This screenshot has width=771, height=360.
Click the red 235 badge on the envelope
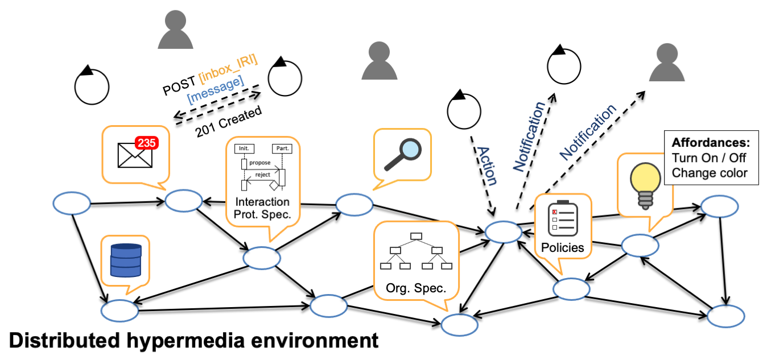(147, 143)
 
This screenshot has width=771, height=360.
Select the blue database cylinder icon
(125, 260)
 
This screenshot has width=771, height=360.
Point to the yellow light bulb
(644, 181)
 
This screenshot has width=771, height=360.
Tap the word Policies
(562, 247)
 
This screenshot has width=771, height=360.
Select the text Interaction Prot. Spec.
(262, 208)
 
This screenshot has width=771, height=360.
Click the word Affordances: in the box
(711, 143)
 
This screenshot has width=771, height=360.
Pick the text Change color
(710, 172)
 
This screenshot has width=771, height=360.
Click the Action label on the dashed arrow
(486, 165)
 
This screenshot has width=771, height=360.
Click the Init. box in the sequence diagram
(242, 148)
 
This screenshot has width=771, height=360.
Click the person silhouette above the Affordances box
(666, 63)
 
